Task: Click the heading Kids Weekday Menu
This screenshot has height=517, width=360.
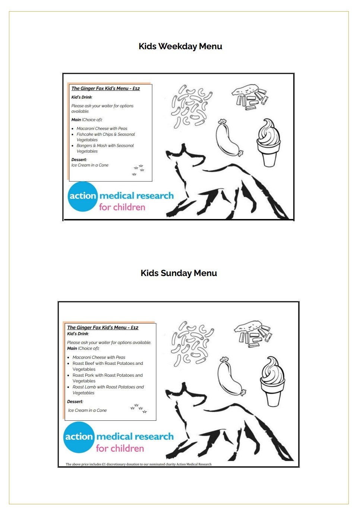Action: click(180, 46)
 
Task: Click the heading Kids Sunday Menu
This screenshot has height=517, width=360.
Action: click(179, 273)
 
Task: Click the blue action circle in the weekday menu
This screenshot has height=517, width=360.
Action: click(82, 196)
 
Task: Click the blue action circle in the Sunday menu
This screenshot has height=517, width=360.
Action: click(79, 437)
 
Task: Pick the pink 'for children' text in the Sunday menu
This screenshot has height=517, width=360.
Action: click(120, 448)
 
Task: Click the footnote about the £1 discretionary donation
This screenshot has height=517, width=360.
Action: click(139, 464)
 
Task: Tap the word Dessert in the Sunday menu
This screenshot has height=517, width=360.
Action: click(75, 402)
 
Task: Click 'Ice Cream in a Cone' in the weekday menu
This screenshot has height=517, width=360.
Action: click(90, 165)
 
